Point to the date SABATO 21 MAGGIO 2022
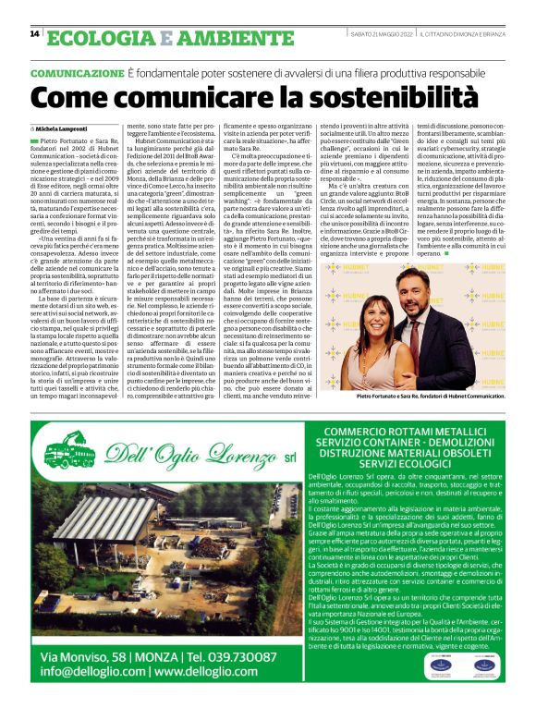pyautogui.click(x=376, y=33)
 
